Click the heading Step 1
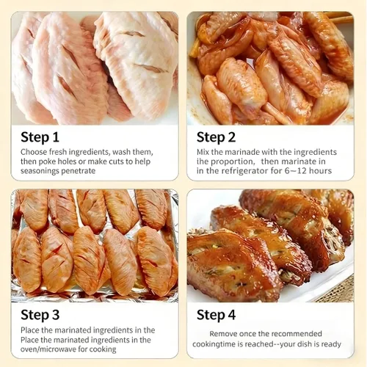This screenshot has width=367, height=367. pyautogui.click(x=40, y=137)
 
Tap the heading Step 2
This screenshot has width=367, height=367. pyautogui.click(x=216, y=137)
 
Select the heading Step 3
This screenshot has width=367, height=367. pyautogui.click(x=40, y=315)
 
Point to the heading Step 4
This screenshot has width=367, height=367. pyautogui.click(x=216, y=315)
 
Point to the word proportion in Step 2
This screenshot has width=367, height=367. pyautogui.click(x=232, y=161)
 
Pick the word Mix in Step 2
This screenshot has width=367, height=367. pyautogui.click(x=203, y=152)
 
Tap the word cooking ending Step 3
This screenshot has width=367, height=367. pyautogui.click(x=103, y=349)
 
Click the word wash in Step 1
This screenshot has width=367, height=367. pyautogui.click(x=121, y=152)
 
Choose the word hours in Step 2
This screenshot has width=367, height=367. pyautogui.click(x=320, y=171)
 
